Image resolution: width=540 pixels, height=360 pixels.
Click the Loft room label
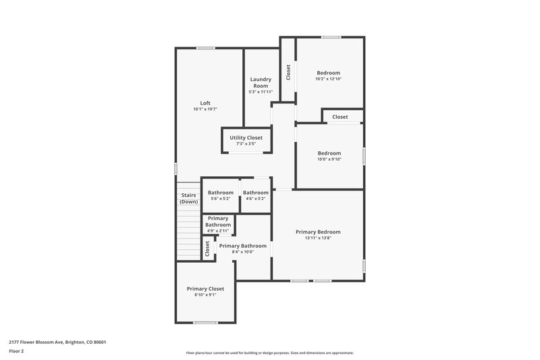[205, 103]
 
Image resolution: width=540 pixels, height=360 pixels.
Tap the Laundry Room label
[261, 83]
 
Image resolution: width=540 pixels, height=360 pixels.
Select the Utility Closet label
[246, 138]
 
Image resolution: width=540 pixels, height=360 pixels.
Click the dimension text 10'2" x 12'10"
[329, 79]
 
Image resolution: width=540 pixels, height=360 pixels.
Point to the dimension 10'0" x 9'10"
[329, 159]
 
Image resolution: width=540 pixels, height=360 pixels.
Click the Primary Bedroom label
[318, 232]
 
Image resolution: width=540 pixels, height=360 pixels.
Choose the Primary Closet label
[205, 288]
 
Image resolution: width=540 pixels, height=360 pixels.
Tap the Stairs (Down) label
[188, 199]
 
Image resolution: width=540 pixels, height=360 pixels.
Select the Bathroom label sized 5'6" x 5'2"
[221, 192]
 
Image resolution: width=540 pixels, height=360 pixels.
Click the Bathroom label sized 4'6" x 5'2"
[256, 192]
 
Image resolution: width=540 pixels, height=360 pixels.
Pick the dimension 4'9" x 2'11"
[218, 231]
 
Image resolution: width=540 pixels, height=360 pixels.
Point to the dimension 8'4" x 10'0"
[243, 253]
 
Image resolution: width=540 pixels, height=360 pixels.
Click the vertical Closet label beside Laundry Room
[288, 72]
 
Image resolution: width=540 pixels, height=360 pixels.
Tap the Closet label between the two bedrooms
[340, 117]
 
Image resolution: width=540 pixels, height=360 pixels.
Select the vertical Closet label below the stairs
[207, 248]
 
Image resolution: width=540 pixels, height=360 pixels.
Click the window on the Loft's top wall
[206, 48]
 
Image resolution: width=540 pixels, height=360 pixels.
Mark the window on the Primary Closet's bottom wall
[205, 323]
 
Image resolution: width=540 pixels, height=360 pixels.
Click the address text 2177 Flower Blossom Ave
[57, 342]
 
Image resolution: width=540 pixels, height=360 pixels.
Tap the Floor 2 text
[16, 351]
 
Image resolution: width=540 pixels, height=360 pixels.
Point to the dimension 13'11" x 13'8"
[318, 238]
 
